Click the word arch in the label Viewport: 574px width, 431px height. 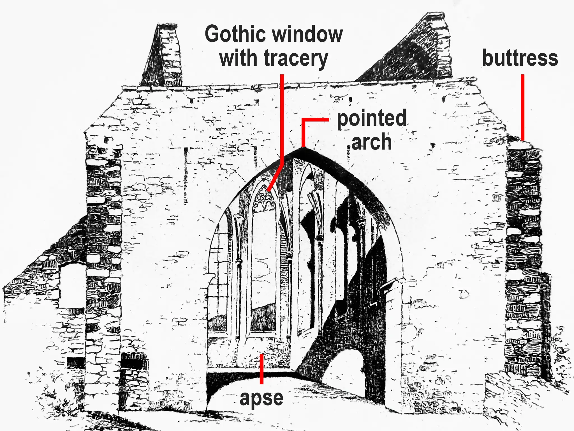(x=371, y=142)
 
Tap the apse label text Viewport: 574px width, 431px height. (x=261, y=398)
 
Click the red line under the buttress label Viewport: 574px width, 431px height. (x=523, y=107)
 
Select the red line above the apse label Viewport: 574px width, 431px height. (x=261, y=369)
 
